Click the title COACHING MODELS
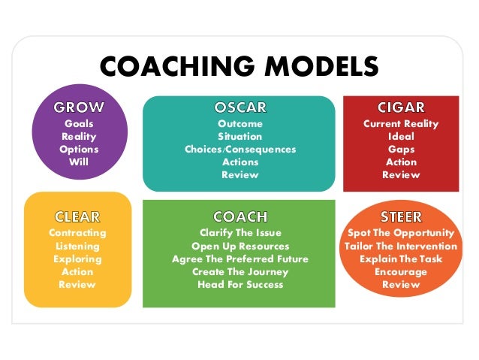tap(239, 66)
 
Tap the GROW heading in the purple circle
tap(79, 107)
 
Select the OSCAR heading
tap(239, 107)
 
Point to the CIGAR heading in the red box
tap(400, 107)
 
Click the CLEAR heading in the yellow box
tap(77, 217)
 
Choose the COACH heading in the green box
tap(239, 217)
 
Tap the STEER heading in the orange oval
tap(400, 217)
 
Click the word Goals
tap(79, 123)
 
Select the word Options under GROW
tap(79, 149)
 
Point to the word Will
tap(79, 162)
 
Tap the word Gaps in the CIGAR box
tap(400, 149)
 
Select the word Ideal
tap(400, 136)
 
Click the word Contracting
tap(77, 233)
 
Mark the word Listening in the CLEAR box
tap(77, 246)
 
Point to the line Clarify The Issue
tap(240, 233)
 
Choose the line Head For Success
tap(240, 285)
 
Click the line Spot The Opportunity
tap(400, 233)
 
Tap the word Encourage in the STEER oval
tap(400, 272)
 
